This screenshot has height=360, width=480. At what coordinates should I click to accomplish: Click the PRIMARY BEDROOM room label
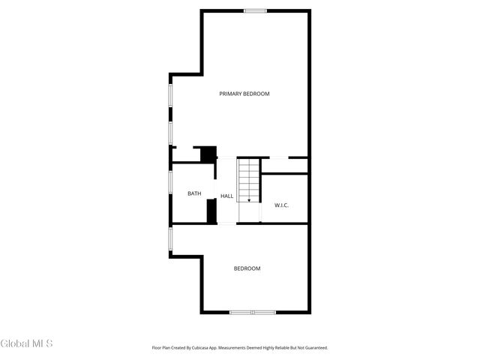(244, 94)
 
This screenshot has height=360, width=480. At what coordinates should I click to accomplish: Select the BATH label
(194, 194)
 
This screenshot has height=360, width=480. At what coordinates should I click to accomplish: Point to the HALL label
(226, 196)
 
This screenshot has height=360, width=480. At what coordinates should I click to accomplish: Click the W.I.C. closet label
(281, 205)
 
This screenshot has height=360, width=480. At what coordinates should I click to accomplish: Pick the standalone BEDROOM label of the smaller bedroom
(247, 268)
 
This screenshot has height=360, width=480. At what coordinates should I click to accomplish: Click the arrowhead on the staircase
(249, 200)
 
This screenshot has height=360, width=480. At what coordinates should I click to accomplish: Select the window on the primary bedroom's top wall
(254, 10)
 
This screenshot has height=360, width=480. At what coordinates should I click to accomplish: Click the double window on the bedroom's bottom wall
(253, 312)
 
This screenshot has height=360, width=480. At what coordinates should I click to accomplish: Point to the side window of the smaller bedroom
(171, 239)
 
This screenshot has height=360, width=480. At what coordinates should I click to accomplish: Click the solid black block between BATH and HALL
(211, 209)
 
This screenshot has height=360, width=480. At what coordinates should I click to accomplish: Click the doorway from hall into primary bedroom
(227, 157)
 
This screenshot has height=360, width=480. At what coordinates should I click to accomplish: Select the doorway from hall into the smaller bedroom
(227, 223)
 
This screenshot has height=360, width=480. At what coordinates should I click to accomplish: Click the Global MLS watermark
(26, 344)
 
